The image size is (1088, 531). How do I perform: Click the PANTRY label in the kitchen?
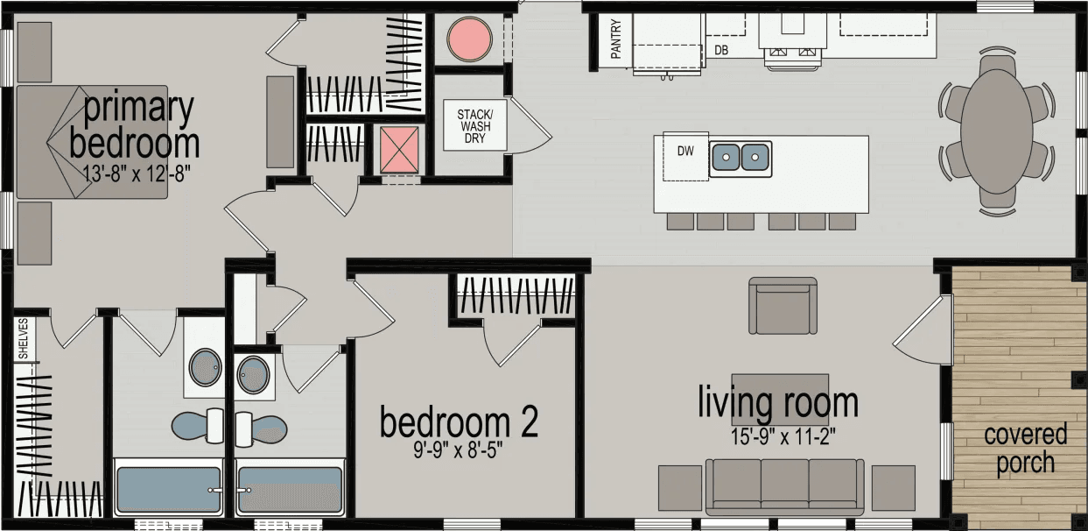pos(615,39)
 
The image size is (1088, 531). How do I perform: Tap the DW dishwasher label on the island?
pos(685,152)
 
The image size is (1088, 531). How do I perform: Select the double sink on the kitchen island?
pos(741,158)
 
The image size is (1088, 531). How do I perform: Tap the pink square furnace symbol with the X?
pos(398,149)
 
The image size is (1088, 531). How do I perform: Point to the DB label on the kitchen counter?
pos(721,51)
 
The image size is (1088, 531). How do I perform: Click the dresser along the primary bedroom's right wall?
pos(279,122)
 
